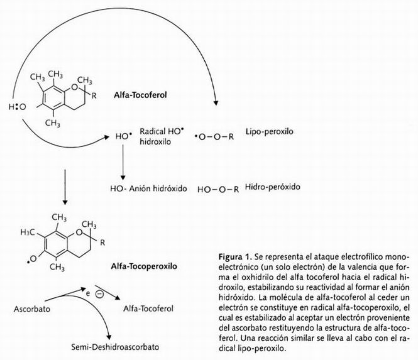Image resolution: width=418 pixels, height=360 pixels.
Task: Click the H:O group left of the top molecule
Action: click(x=16, y=107)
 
